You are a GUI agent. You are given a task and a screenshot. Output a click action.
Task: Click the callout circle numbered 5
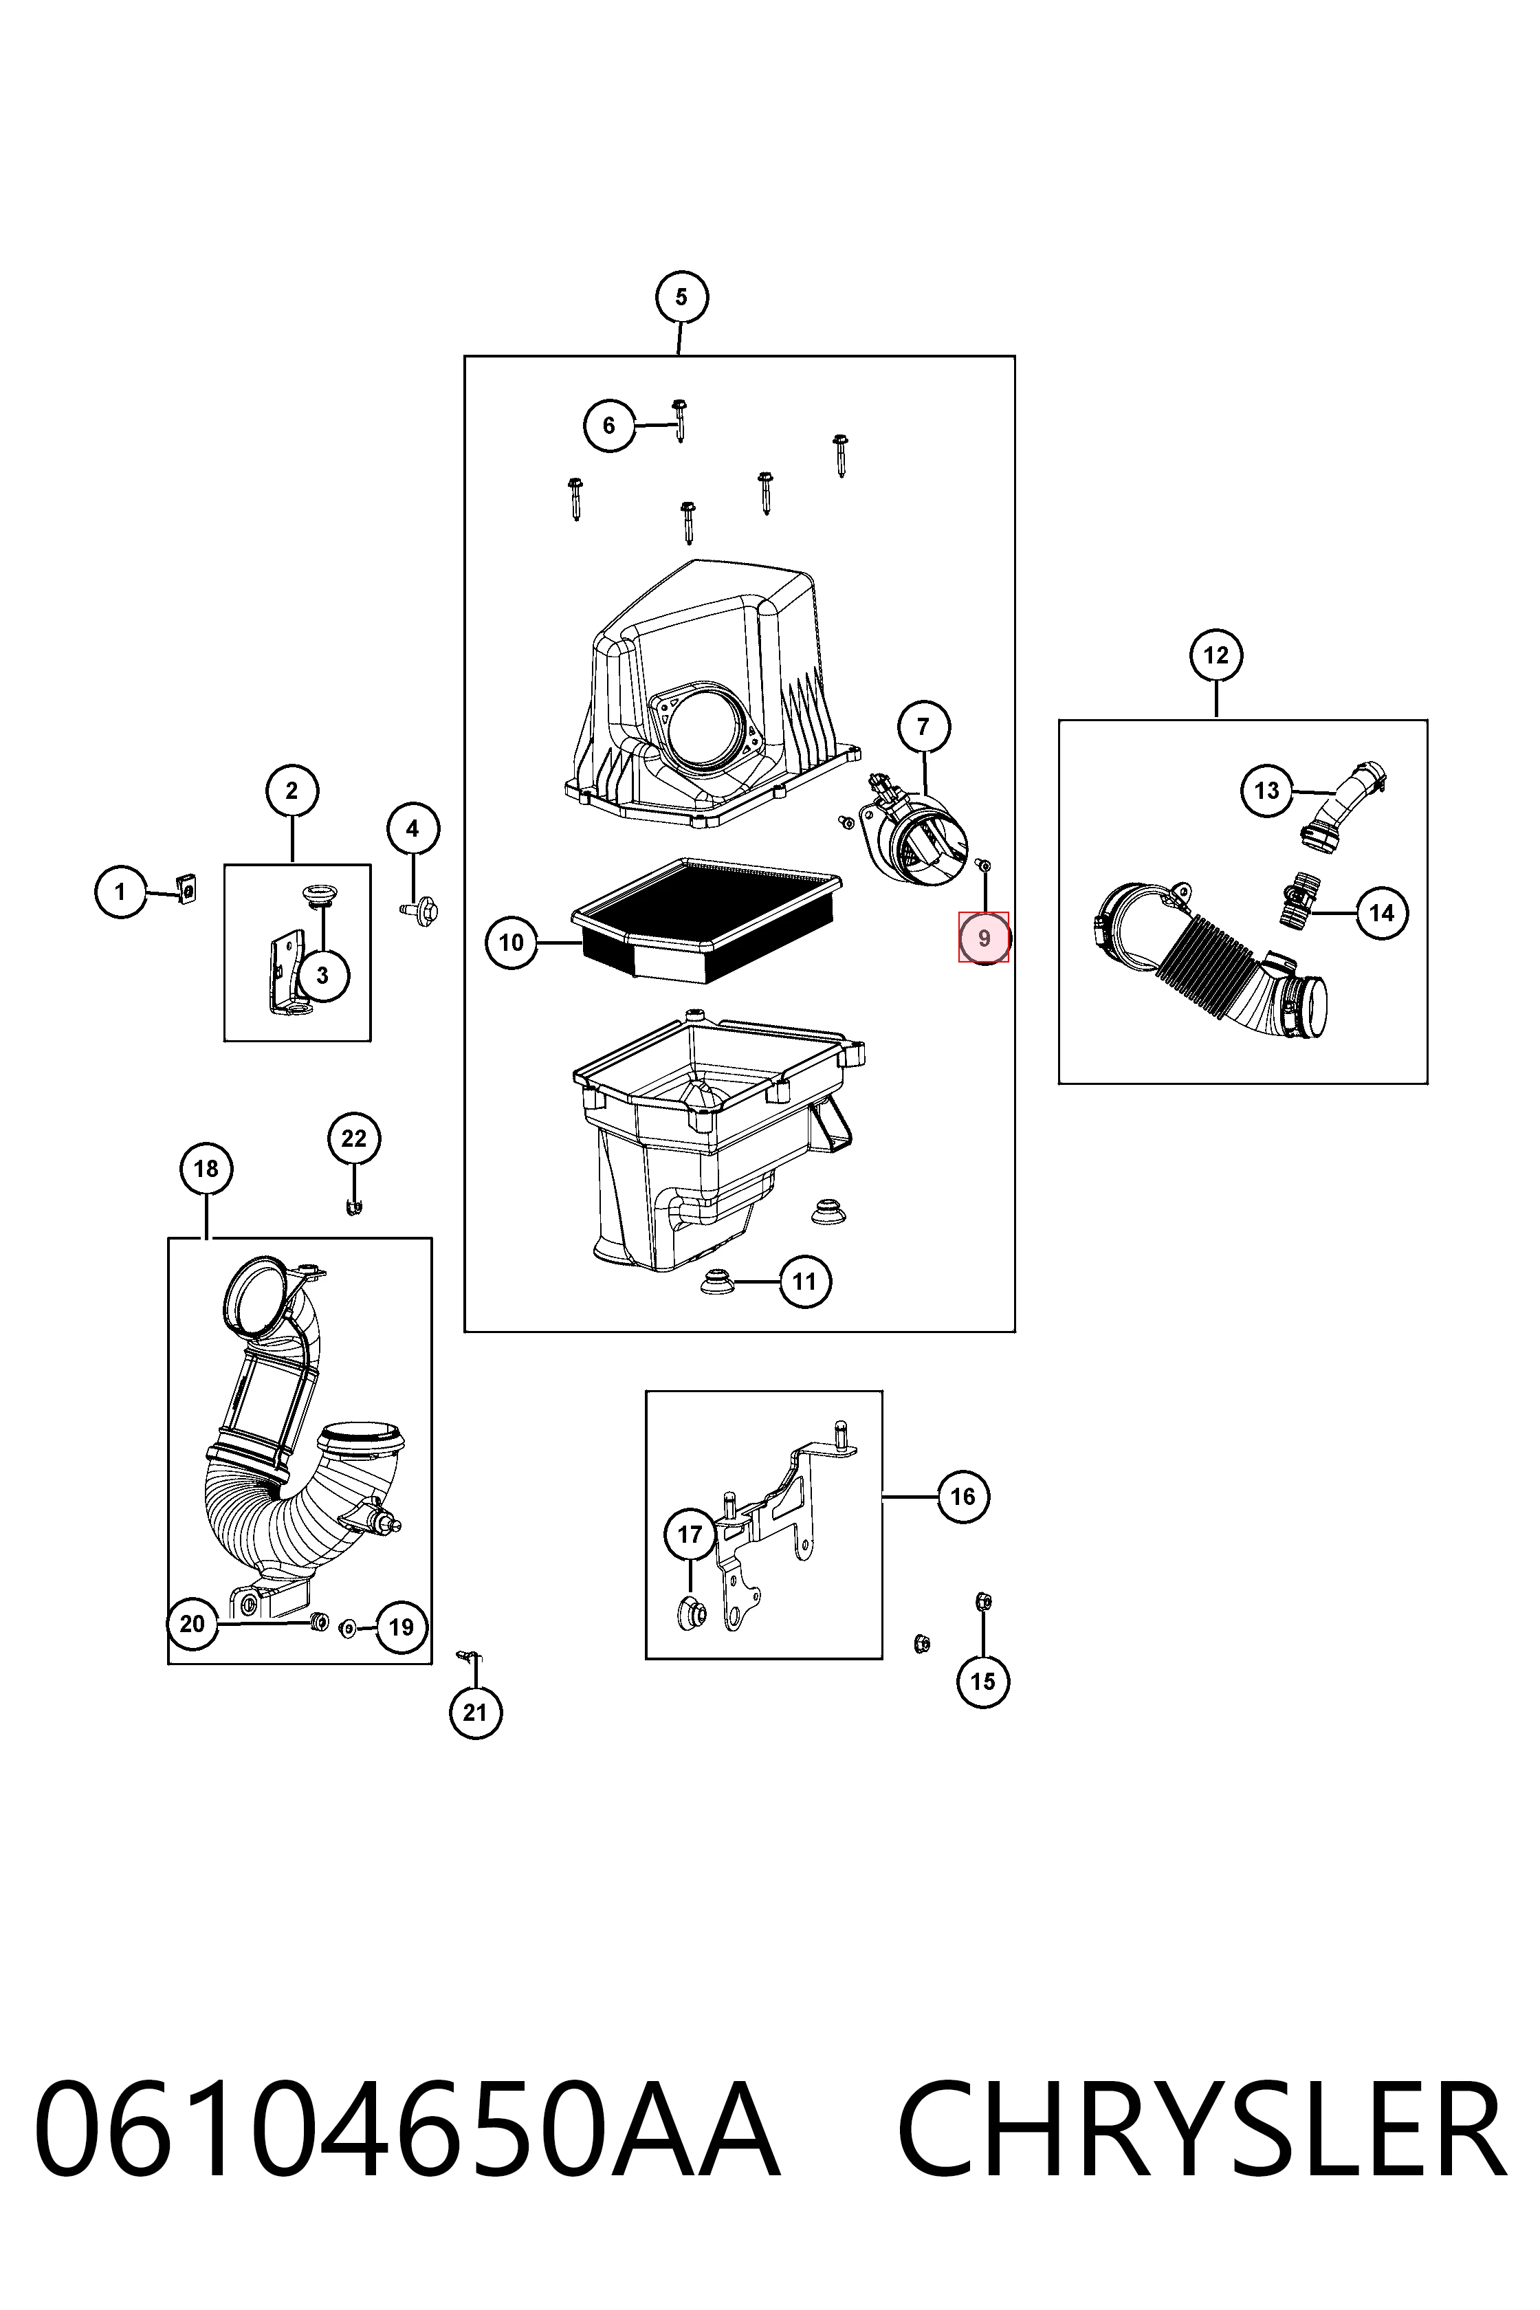[x=681, y=296]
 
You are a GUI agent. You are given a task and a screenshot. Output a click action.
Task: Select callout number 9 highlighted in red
[x=983, y=938]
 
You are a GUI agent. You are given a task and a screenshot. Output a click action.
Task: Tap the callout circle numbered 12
[x=1216, y=655]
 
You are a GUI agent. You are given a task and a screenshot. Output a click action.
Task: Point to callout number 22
[x=353, y=1138]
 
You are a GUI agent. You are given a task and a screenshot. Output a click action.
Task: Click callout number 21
[x=475, y=1713]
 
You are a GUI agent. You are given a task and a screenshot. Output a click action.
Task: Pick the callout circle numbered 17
[x=690, y=1534]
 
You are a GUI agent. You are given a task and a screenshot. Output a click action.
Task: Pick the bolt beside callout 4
[x=420, y=910]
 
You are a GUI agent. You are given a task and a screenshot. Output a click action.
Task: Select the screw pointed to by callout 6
[x=679, y=419]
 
